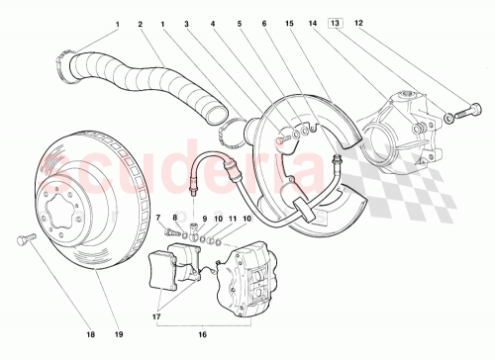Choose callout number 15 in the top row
[175, 217]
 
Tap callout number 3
[187, 22]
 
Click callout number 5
[239, 22]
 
